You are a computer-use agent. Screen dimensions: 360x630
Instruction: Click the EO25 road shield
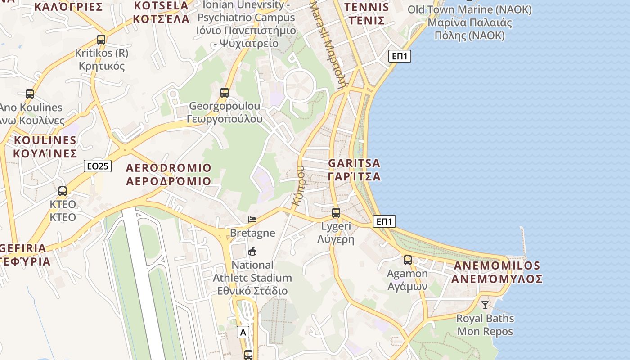[98, 166]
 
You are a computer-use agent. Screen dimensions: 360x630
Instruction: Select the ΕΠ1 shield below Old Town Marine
[400, 56]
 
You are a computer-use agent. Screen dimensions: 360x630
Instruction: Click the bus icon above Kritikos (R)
[101, 40]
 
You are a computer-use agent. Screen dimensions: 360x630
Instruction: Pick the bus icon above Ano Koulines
[30, 94]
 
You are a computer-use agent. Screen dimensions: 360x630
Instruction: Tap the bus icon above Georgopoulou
[225, 93]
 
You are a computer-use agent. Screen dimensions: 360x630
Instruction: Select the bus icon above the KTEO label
[63, 191]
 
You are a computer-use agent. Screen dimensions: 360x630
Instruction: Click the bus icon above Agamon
[408, 260]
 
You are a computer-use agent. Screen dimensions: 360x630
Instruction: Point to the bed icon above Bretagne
[252, 220]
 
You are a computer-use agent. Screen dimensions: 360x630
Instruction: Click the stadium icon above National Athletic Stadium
[252, 251]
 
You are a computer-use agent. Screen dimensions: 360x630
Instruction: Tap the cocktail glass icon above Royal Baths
[485, 305]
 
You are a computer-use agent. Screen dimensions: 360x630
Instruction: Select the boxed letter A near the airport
[243, 333]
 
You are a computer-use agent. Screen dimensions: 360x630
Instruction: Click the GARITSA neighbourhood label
[354, 170]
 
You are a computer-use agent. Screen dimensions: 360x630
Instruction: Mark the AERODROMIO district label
[169, 175]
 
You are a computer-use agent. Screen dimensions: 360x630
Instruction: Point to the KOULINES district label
[45, 147]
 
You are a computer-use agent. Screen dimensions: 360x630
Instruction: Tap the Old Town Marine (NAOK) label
[469, 22]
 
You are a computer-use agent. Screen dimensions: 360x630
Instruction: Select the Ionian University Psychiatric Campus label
[246, 24]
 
